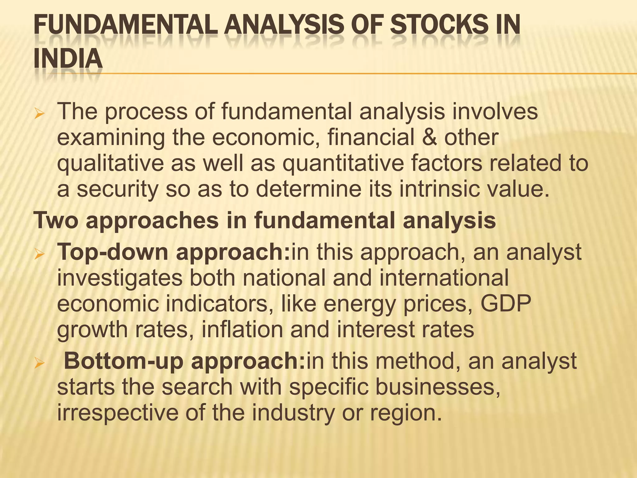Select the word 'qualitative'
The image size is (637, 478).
click(x=110, y=163)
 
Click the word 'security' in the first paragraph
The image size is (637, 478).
click(x=118, y=190)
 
